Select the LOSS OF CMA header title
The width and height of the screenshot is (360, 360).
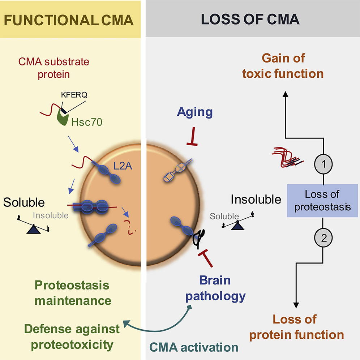[250, 19]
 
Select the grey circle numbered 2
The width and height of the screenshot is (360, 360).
[324, 237]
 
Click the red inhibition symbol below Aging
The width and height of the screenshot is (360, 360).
[192, 139]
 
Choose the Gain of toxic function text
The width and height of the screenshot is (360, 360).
[293, 66]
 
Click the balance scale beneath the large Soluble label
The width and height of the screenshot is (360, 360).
[33, 227]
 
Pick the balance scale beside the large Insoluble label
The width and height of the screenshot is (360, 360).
[237, 223]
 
